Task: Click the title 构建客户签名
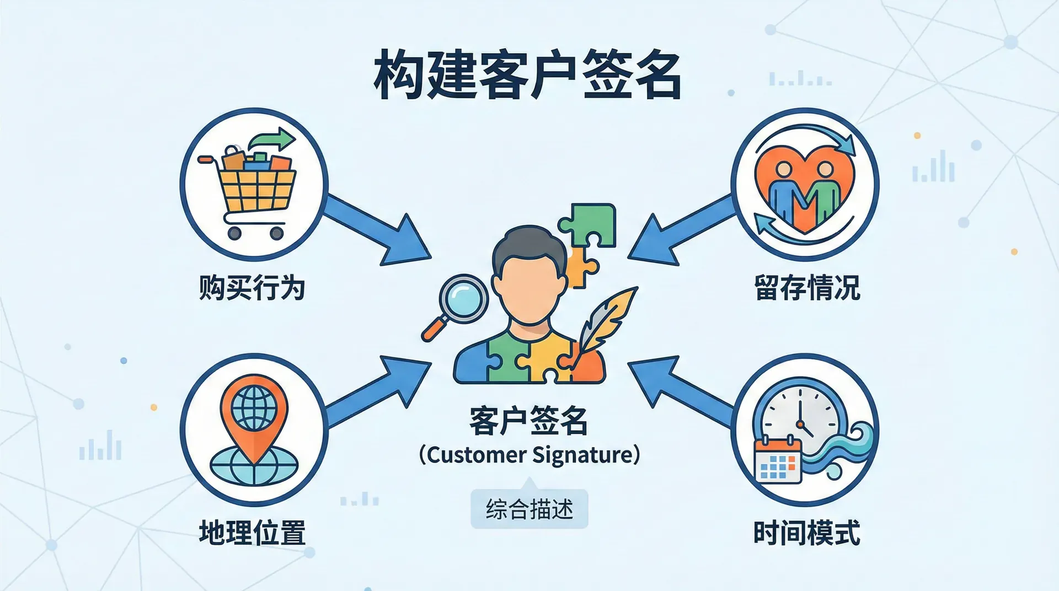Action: click(x=528, y=76)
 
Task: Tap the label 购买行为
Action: click(x=252, y=288)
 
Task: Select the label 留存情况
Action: click(x=807, y=288)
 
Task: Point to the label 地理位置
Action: click(x=252, y=533)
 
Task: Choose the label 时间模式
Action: click(x=807, y=533)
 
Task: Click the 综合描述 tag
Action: click(x=529, y=509)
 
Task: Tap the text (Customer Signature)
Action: click(x=529, y=455)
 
